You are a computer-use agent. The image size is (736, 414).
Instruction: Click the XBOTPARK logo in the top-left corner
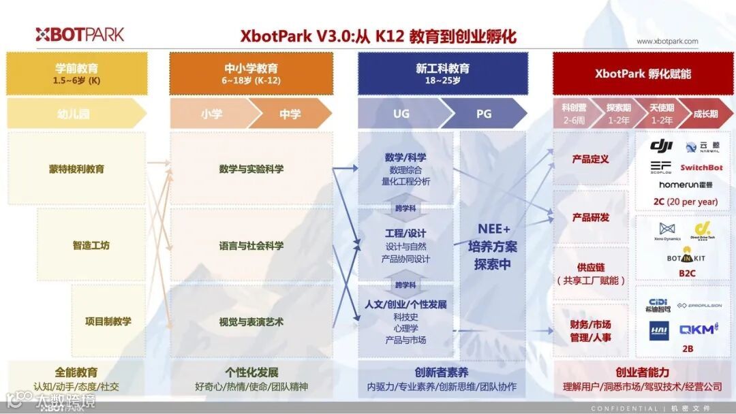tap(80, 34)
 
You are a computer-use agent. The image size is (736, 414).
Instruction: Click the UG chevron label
tap(401, 114)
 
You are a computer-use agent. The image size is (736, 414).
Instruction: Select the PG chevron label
tap(484, 114)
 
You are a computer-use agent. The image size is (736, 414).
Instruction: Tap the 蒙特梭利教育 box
tap(76, 169)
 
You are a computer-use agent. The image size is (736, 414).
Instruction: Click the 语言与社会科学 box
tap(251, 245)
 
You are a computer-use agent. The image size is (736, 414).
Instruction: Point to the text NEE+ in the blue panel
tap(493, 228)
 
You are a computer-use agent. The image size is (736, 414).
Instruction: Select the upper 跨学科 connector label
tap(405, 208)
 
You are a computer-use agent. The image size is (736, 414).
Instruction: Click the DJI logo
tap(661, 146)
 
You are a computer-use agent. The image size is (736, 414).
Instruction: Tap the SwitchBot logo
tap(701, 168)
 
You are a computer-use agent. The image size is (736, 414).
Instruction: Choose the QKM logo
tap(699, 330)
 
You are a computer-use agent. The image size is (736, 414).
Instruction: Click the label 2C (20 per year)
tap(685, 202)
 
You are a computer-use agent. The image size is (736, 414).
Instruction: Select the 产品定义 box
tap(590, 159)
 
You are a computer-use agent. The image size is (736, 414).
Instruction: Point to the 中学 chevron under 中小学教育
tap(290, 114)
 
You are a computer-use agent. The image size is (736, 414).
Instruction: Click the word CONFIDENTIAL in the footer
tap(624, 409)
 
